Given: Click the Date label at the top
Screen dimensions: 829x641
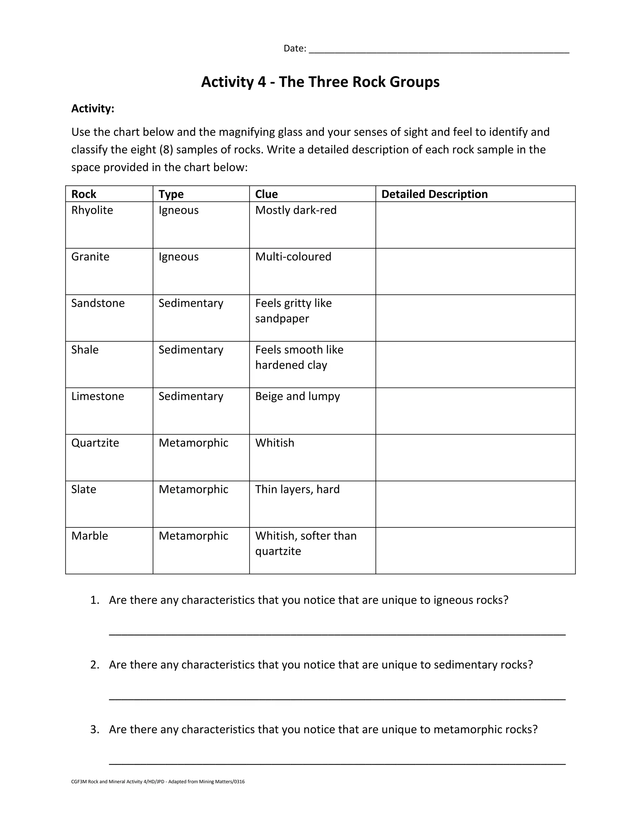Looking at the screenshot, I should click(x=295, y=48).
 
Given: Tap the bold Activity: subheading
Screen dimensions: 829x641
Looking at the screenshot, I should click(x=93, y=109).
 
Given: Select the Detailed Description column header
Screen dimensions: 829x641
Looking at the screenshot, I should click(x=434, y=194).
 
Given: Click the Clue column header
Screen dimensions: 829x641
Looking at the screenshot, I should click(x=266, y=194).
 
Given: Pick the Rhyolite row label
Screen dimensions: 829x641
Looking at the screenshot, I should click(x=92, y=210).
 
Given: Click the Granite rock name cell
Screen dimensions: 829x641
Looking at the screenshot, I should click(x=90, y=257).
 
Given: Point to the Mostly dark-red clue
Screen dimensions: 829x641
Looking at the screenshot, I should click(x=296, y=210).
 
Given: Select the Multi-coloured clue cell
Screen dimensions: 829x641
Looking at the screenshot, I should click(x=293, y=257).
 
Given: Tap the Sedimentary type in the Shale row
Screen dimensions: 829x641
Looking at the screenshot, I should click(x=191, y=350).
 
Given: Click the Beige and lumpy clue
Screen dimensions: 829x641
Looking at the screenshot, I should click(x=297, y=396).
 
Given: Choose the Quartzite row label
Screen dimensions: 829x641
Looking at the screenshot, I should click(x=95, y=443).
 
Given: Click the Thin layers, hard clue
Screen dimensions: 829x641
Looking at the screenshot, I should click(x=297, y=489).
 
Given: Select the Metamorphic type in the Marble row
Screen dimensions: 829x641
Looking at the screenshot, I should click(x=193, y=536).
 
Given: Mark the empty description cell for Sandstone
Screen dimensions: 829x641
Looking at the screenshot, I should click(x=475, y=318).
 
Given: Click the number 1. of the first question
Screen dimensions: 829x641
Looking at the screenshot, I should click(x=95, y=600).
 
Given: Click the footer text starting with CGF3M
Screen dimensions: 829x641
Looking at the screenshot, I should click(x=158, y=781).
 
